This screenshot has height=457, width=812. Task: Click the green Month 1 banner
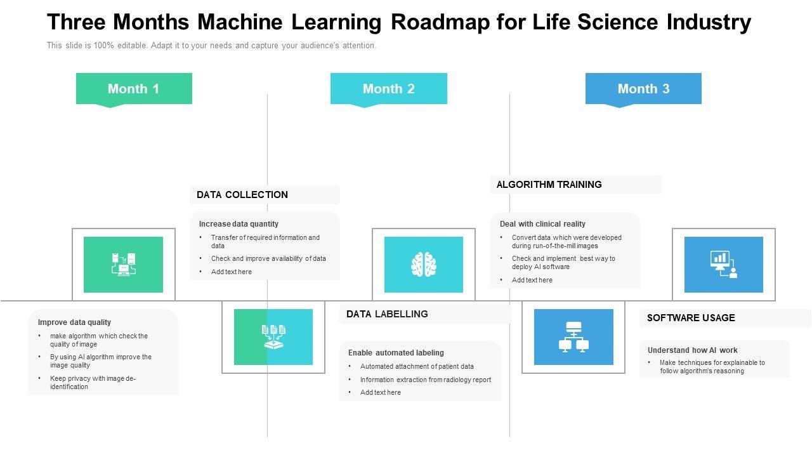tap(134, 89)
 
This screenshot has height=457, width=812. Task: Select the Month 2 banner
tap(388, 89)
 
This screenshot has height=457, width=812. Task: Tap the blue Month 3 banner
tap(643, 89)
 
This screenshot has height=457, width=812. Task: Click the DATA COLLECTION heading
tap(242, 195)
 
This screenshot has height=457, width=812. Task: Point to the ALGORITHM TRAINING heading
tap(549, 185)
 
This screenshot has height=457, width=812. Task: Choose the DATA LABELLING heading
tap(387, 314)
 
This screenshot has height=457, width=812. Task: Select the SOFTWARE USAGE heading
tap(691, 318)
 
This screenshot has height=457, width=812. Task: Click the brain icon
tap(423, 264)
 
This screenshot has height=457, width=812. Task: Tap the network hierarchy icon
tap(573, 337)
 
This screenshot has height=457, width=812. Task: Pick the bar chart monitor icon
tap(723, 265)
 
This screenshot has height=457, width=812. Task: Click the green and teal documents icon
tap(273, 337)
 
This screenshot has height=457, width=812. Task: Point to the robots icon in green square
tap(123, 265)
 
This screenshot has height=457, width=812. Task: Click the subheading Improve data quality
tap(74, 322)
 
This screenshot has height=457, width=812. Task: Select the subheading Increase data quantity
tap(239, 224)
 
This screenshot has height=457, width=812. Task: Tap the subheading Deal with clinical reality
tap(542, 224)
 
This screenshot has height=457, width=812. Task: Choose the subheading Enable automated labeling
tap(396, 353)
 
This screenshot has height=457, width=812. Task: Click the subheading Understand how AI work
tap(692, 350)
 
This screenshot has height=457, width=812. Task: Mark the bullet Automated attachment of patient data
tap(417, 366)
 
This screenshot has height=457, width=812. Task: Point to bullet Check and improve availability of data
tap(268, 258)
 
